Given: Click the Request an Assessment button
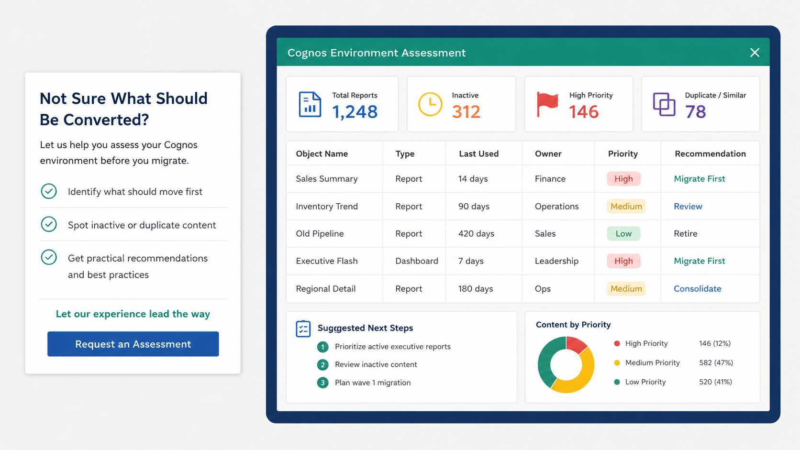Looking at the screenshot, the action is pyautogui.click(x=133, y=344).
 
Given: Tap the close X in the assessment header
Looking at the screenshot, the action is pyautogui.click(x=755, y=53).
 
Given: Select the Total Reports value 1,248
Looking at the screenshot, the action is pyautogui.click(x=355, y=112).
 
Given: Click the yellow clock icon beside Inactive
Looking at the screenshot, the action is pyautogui.click(x=430, y=104).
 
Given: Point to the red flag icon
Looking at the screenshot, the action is pyautogui.click(x=547, y=104).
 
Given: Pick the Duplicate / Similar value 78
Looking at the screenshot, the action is pyautogui.click(x=695, y=112).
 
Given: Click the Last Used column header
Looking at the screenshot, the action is pyautogui.click(x=478, y=154).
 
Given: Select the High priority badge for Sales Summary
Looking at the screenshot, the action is pyautogui.click(x=623, y=179).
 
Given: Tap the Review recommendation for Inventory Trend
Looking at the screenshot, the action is pyautogui.click(x=688, y=206).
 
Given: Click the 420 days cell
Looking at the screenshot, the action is pyautogui.click(x=476, y=233).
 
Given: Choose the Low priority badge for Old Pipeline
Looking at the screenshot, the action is pyautogui.click(x=623, y=233).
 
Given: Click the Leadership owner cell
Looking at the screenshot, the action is pyautogui.click(x=556, y=261).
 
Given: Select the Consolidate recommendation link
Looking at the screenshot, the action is pyautogui.click(x=697, y=288).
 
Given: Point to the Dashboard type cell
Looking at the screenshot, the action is pyautogui.click(x=416, y=261).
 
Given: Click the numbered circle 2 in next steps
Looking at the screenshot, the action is pyautogui.click(x=322, y=365).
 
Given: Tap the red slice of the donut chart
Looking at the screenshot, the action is pyautogui.click(x=575, y=344).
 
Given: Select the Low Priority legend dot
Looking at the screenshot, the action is pyautogui.click(x=617, y=382).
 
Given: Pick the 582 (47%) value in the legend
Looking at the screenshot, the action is pyautogui.click(x=716, y=362).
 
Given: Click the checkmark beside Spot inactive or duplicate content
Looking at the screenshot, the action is pyautogui.click(x=49, y=224).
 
